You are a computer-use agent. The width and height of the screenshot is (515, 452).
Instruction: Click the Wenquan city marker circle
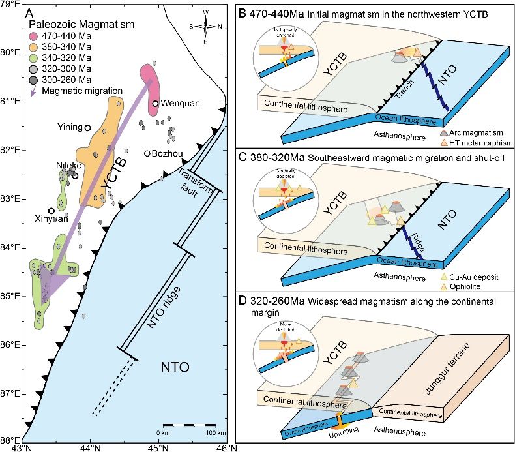pos(155,103)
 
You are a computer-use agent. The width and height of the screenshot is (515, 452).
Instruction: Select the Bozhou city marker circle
pos(147,153)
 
